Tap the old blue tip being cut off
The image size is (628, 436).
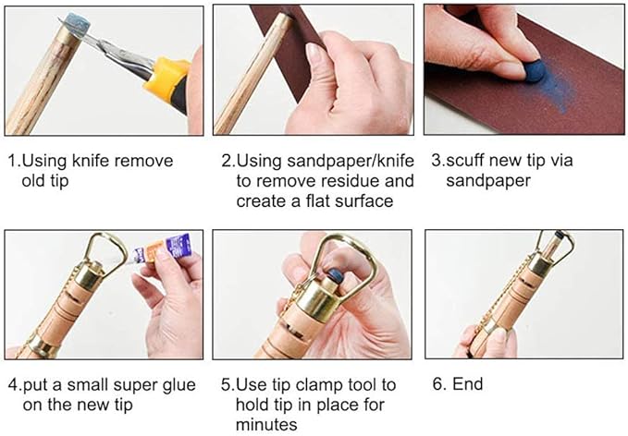[x=77, y=24]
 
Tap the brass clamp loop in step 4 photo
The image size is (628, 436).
[x=105, y=251]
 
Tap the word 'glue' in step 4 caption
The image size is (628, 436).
[x=178, y=385]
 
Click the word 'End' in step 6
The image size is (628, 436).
[x=467, y=384]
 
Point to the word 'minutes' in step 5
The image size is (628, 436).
[x=266, y=424]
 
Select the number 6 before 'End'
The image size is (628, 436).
[x=438, y=384]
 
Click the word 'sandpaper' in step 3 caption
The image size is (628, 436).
[x=488, y=181]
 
